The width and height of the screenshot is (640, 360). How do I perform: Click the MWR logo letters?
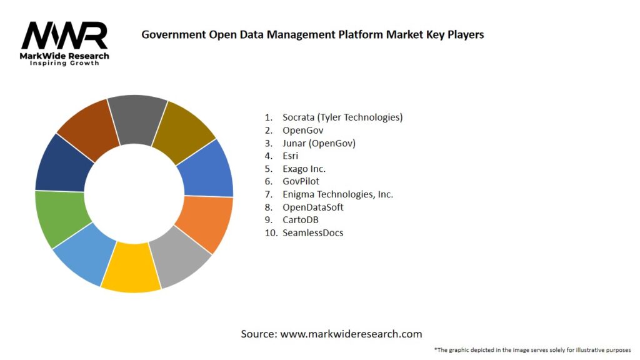tap(64, 36)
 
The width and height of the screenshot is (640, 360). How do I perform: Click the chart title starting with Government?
tap(312, 34)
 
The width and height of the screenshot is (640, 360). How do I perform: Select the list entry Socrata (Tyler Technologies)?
tap(342, 117)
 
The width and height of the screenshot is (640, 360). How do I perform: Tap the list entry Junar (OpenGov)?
tap(319, 143)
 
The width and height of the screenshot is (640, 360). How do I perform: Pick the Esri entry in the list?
tap(291, 156)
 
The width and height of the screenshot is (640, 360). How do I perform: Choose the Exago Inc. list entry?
tap(304, 169)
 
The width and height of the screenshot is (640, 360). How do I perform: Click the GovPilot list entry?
tap(301, 181)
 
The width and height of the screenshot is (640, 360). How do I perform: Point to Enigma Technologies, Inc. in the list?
tap(337, 194)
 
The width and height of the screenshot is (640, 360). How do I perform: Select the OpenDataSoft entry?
tap(312, 207)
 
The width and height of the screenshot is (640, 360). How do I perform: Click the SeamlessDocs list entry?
tap(312, 232)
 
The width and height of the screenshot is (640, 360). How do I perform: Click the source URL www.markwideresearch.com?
tap(351, 334)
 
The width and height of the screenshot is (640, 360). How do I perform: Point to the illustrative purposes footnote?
tap(532, 349)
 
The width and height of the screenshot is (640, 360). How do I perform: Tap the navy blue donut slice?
tap(60, 164)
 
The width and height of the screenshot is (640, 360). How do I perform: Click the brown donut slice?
tap(87, 128)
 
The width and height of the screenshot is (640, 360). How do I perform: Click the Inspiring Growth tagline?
tap(64, 63)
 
